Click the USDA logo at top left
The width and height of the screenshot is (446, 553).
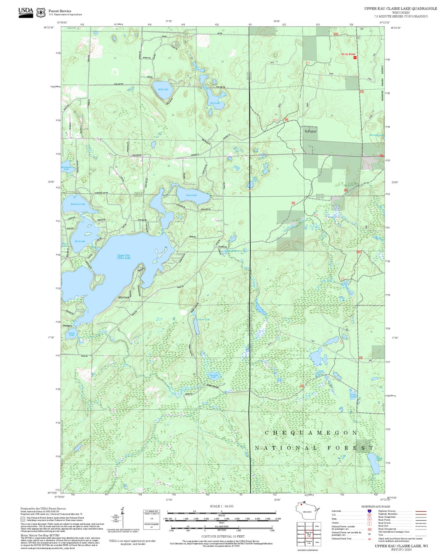26,12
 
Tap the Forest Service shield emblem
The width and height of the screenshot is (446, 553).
41,12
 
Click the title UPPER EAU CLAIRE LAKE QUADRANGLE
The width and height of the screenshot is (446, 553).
400,8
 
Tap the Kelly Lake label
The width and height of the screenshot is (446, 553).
163,89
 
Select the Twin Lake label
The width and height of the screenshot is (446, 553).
215,103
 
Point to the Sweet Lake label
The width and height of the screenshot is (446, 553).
191,195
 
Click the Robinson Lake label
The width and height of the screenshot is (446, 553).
78,204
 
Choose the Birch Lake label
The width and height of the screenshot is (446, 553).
80,241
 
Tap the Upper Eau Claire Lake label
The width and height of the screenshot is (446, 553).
124,257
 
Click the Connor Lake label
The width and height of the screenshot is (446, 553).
203,319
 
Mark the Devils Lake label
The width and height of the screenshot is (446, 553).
72,334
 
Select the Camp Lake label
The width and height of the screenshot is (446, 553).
353,395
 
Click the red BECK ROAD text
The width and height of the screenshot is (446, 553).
348,54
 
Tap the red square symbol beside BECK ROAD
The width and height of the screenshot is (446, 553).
355,57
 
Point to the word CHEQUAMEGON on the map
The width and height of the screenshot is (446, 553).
311,433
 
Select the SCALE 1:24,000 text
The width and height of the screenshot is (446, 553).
221,506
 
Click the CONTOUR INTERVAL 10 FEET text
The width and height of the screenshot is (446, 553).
221,536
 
